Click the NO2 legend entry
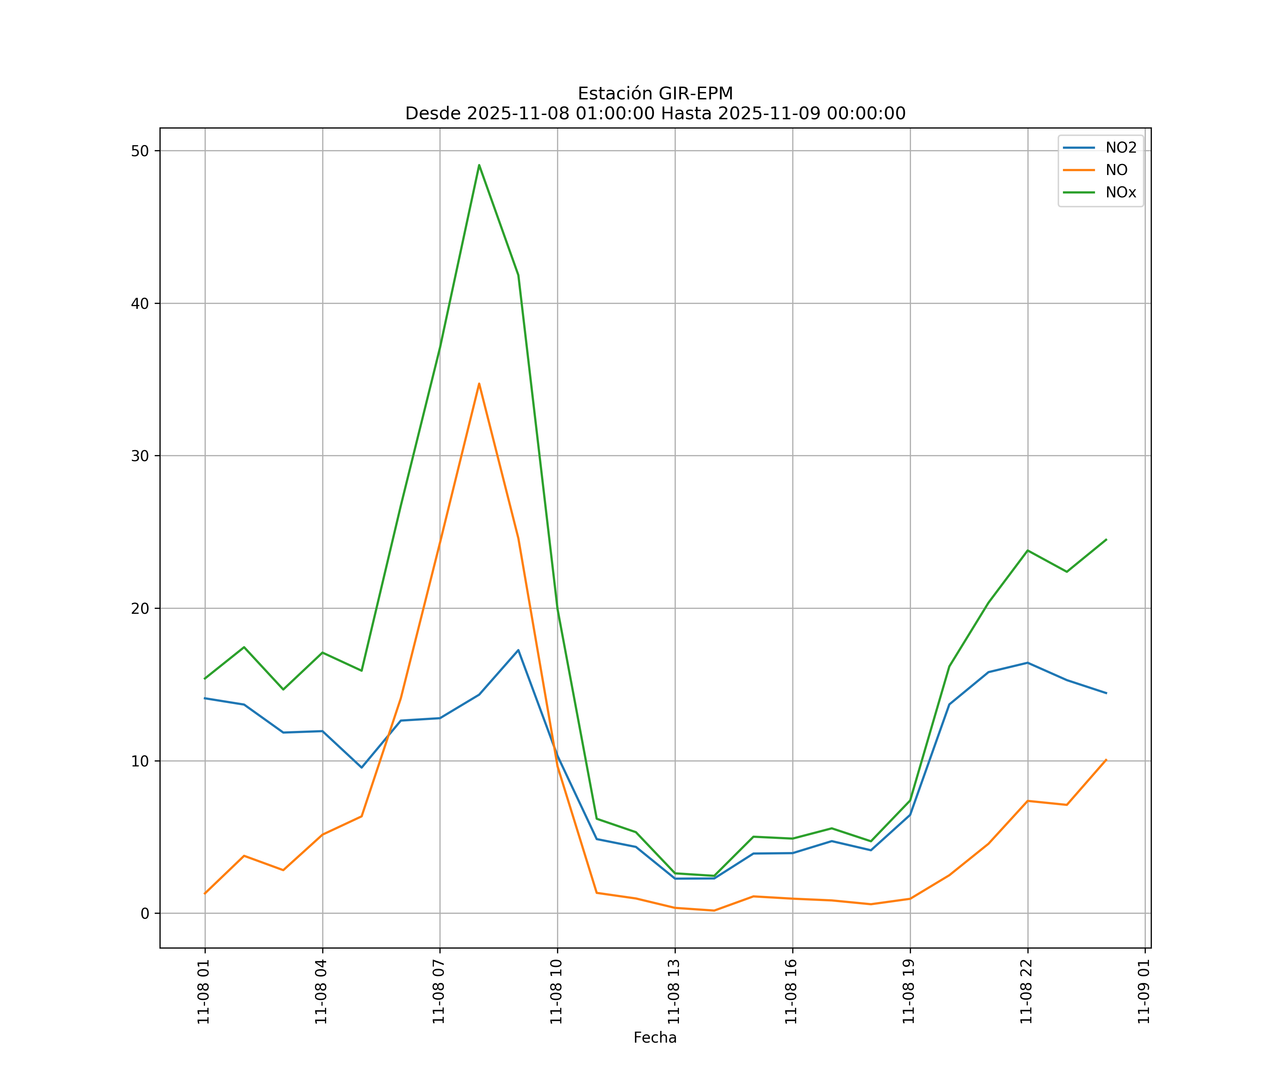pos(1121,148)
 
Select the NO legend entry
pos(1116,170)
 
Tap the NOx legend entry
pos(1121,193)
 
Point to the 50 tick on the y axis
pos(140,151)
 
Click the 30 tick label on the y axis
pos(140,456)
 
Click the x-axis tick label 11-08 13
pos(674,992)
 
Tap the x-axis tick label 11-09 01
pos(1144,992)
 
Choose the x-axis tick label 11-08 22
pos(1026,992)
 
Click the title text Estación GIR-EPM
pos(655,94)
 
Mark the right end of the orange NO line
pos(1106,759)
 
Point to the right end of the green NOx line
pos(1106,539)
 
